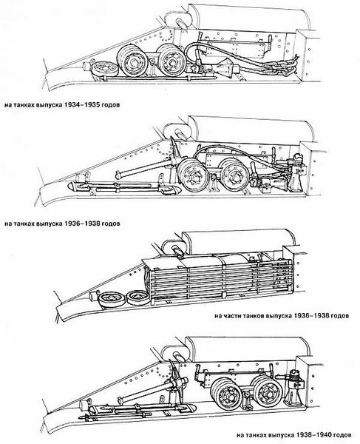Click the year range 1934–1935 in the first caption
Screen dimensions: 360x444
click(82, 105)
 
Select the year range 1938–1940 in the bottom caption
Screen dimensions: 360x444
click(314, 434)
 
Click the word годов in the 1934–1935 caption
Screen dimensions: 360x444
click(111, 105)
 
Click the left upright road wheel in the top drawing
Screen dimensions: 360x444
click(132, 61)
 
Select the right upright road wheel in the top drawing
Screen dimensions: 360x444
click(171, 61)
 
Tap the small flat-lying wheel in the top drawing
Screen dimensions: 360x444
click(105, 69)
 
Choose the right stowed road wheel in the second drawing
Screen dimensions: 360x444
click(235, 174)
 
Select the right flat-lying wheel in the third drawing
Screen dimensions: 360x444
click(138, 298)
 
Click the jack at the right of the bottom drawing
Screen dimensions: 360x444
click(293, 389)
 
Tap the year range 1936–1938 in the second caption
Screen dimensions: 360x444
click(82, 223)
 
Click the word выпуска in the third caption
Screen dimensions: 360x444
click(279, 316)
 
